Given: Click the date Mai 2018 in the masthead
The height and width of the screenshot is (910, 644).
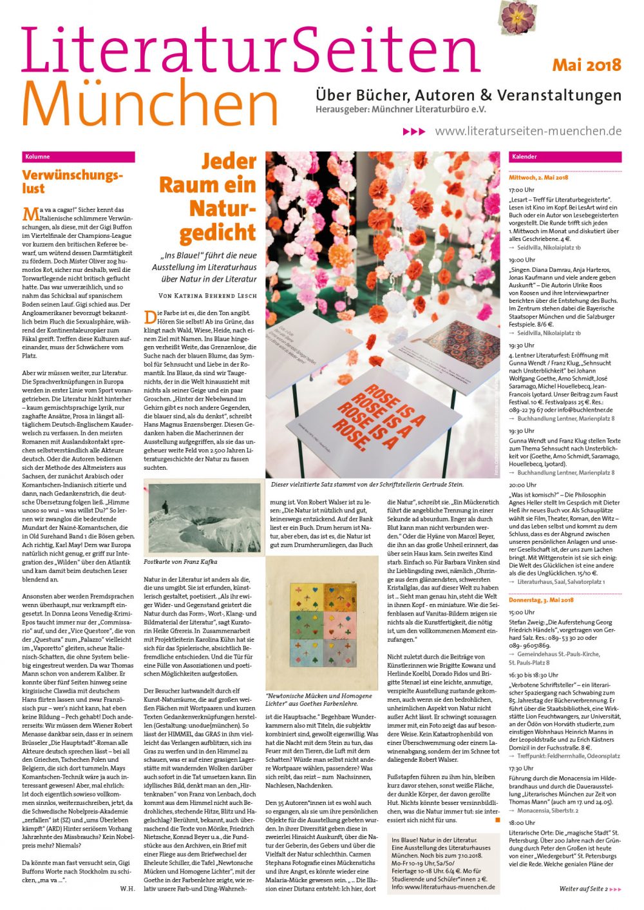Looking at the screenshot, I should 586,65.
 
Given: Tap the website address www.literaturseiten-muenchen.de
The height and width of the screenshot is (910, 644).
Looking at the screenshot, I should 528,131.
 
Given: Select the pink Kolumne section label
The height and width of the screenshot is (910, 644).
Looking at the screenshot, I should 78,157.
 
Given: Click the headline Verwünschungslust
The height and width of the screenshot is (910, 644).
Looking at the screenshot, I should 71,182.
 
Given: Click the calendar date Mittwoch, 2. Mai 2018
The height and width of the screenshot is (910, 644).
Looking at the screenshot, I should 538,177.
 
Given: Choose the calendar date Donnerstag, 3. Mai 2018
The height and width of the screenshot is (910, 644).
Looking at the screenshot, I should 541,600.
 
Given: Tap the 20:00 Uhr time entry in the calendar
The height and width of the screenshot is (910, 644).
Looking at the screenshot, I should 522,485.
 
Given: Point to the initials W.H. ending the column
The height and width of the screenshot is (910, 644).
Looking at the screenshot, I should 128,888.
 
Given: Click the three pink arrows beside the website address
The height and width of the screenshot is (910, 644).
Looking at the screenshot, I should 414,131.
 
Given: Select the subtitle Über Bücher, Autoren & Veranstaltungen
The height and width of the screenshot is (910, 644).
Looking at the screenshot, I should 468,95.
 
